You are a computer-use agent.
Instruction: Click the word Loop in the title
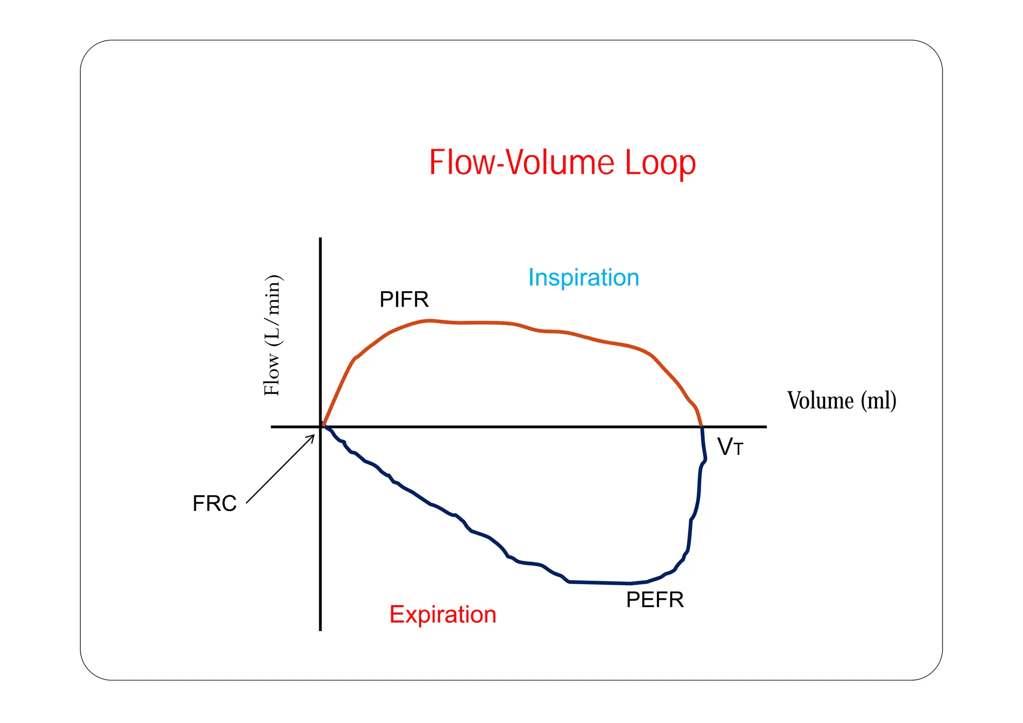(660, 163)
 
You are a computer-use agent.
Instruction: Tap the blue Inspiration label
(583, 278)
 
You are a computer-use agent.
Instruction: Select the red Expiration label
(443, 614)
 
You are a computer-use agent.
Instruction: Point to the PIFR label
(404, 300)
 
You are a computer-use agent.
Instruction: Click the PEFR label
(654, 600)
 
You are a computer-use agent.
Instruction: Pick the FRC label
(214, 503)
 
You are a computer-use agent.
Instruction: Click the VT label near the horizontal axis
(730, 447)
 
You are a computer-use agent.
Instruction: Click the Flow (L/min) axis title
(273, 335)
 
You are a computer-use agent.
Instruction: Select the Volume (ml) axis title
(842, 400)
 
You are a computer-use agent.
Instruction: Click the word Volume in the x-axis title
(820, 400)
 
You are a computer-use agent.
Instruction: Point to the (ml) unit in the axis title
(878, 400)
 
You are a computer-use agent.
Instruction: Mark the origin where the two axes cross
(320, 427)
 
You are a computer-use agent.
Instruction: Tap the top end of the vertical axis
(320, 239)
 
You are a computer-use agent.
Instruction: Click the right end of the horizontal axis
(765, 427)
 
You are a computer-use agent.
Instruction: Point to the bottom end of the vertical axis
(320, 630)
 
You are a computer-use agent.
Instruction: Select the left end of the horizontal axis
(272, 427)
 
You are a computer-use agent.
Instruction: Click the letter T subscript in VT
(738, 450)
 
